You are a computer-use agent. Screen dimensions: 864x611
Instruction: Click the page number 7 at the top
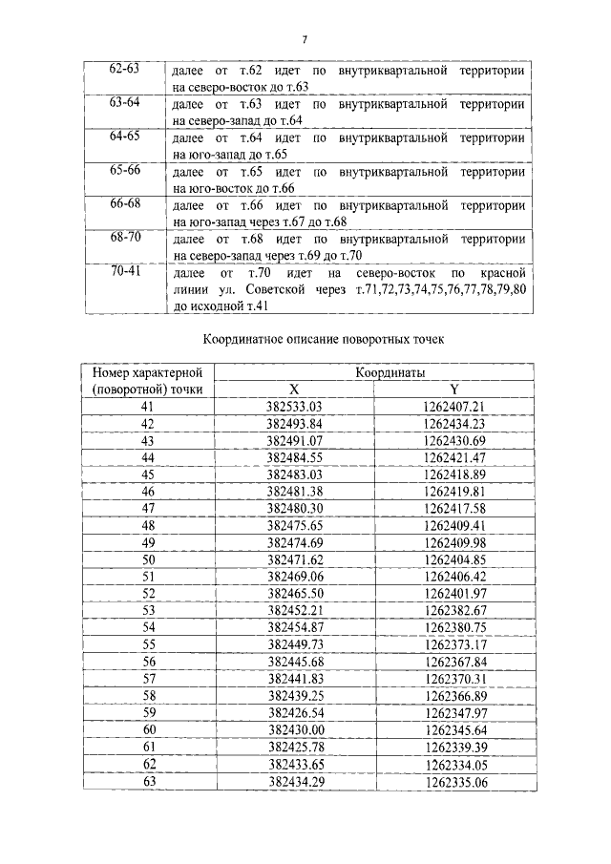click(305, 39)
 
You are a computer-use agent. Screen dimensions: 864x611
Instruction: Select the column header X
click(295, 390)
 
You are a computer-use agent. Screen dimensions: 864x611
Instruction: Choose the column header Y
click(454, 390)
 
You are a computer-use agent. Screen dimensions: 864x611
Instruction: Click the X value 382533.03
click(296, 407)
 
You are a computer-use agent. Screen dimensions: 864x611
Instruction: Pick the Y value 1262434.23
click(454, 423)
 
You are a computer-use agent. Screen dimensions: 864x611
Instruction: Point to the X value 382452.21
click(296, 609)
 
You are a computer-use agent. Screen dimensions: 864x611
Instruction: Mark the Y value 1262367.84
click(454, 661)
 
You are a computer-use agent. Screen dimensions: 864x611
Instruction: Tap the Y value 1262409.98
click(454, 541)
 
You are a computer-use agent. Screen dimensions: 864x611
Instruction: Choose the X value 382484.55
click(296, 457)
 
